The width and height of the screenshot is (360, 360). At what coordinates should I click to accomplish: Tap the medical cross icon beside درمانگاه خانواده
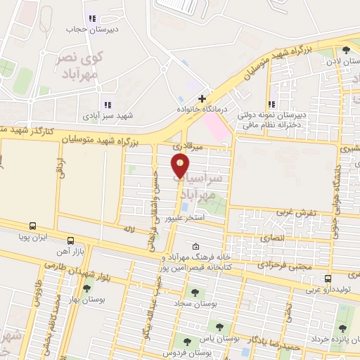coord(202,98)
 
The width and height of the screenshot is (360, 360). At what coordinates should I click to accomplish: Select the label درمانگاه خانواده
coord(203,110)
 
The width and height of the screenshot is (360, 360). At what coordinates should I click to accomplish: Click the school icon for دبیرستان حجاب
coord(91,18)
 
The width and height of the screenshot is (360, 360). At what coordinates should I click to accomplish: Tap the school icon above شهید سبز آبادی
coord(108,105)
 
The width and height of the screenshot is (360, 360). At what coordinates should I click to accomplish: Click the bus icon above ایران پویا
coord(32,226)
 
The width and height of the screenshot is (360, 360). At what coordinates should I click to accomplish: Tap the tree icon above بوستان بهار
coord(86,288)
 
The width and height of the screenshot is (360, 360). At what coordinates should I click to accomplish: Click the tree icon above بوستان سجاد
coord(195,292)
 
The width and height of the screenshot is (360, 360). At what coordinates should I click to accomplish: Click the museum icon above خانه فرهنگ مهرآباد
coord(195,246)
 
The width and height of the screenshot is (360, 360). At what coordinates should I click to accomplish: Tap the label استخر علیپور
coord(184,219)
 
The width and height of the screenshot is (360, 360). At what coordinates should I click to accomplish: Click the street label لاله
coord(128,229)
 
